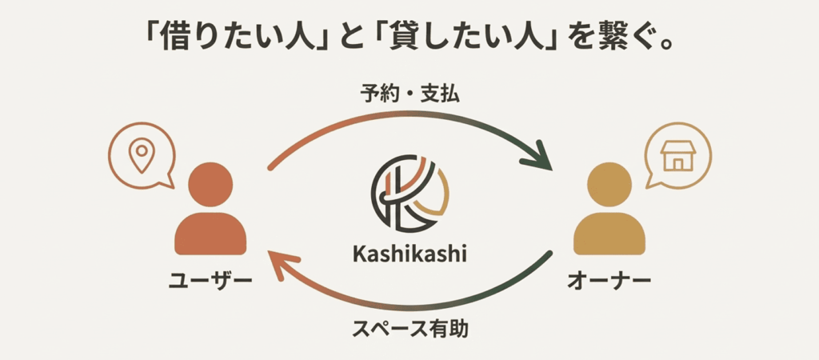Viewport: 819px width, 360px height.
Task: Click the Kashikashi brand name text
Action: [409, 254]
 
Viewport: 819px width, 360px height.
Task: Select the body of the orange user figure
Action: [210, 234]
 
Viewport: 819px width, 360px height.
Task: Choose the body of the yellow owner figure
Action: [609, 234]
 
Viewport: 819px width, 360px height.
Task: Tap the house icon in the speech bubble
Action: [677, 154]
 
